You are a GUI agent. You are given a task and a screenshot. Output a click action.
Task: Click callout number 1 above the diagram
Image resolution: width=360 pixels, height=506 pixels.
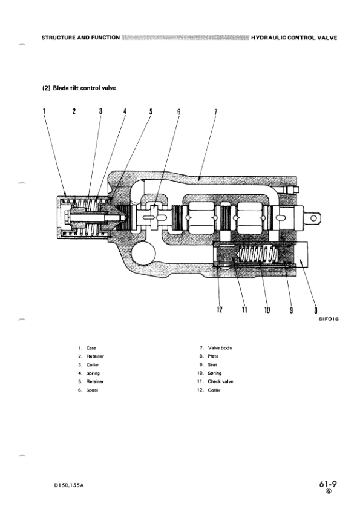[x=44, y=111]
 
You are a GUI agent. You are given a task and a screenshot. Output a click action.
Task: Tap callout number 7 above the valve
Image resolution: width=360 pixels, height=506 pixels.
[x=216, y=112]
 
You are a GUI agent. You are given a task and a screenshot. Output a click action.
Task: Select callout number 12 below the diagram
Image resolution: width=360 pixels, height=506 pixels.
[x=220, y=310]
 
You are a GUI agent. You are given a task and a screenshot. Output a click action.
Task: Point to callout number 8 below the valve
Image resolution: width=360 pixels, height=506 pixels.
[x=315, y=310]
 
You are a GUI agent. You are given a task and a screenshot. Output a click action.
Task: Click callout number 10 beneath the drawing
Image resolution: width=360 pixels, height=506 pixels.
[x=267, y=310]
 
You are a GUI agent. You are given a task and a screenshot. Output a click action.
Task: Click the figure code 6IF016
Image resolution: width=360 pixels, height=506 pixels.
[x=329, y=319]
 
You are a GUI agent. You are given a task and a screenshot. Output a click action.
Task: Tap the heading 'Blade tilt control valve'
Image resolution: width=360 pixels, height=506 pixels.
[x=84, y=88]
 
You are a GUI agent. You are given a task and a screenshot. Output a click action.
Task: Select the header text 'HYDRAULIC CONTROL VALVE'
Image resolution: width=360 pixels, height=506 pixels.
[x=294, y=38]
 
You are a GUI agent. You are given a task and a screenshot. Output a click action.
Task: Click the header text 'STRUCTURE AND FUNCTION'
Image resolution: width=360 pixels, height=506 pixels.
[x=80, y=38]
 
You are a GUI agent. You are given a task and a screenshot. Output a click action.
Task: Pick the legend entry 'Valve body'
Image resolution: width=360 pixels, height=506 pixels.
[x=220, y=348]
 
